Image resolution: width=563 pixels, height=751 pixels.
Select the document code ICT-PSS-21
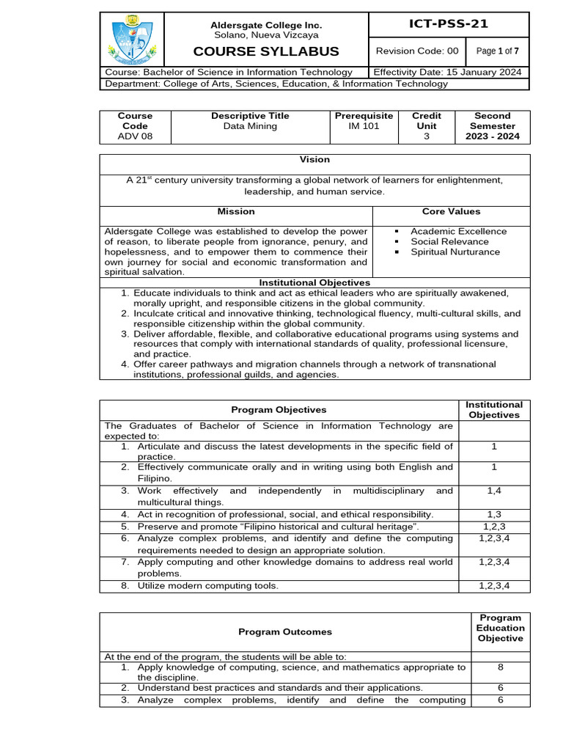coord(448,24)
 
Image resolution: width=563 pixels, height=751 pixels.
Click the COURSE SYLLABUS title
coord(265,51)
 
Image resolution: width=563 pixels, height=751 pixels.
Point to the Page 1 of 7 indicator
coord(497,51)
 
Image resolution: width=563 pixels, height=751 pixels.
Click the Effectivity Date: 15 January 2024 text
coord(448,72)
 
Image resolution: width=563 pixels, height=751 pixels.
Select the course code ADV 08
coord(136,136)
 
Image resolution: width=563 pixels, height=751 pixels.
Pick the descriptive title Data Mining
coord(250,126)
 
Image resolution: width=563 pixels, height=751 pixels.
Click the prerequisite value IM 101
coord(364,126)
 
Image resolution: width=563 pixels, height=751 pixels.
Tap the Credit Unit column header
coord(427,121)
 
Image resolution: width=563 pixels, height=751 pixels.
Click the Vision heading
coord(314,159)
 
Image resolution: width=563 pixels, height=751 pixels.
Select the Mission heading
coord(236,211)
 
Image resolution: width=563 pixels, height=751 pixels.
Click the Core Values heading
coord(451,211)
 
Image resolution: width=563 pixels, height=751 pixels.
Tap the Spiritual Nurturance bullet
coord(455,252)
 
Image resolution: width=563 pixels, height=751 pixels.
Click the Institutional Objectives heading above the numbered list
coord(314,282)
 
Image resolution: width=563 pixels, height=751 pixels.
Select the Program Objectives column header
coord(279,410)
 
